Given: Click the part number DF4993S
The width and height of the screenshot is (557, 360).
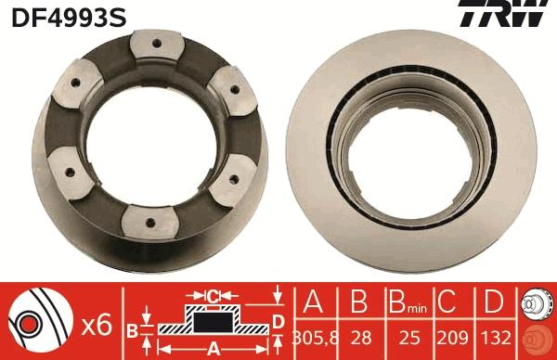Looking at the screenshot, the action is click(x=69, y=18).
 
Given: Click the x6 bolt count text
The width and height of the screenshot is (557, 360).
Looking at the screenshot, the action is click(x=97, y=326).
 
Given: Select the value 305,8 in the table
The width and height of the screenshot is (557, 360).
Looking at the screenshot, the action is click(x=315, y=338).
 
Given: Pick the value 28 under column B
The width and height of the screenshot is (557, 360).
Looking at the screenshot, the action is click(x=361, y=338).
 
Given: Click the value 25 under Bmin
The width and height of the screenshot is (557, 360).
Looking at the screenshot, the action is click(x=409, y=338).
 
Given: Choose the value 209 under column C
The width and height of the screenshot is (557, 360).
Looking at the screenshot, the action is click(x=453, y=338).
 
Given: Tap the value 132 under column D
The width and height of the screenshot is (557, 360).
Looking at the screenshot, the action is click(x=496, y=338).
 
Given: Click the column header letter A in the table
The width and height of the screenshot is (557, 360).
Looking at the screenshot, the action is click(x=313, y=302).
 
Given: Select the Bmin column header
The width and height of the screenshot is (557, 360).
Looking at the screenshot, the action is click(x=408, y=302).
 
